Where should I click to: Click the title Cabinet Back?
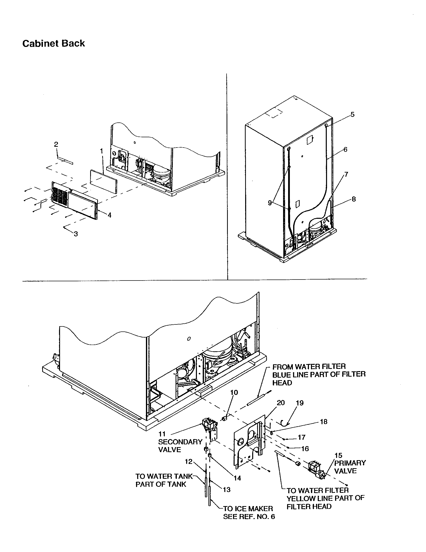[x=54, y=43]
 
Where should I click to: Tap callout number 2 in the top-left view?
[x=56, y=144]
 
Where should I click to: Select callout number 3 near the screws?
[x=76, y=234]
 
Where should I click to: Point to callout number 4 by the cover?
[x=109, y=215]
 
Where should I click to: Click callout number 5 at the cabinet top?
[x=352, y=114]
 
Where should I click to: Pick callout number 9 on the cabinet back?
[x=270, y=203]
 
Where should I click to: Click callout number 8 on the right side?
[x=354, y=199]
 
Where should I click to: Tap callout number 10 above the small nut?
[x=234, y=392]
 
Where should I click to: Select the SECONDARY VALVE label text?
[x=180, y=446]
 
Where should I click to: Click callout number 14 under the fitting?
[x=237, y=478]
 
